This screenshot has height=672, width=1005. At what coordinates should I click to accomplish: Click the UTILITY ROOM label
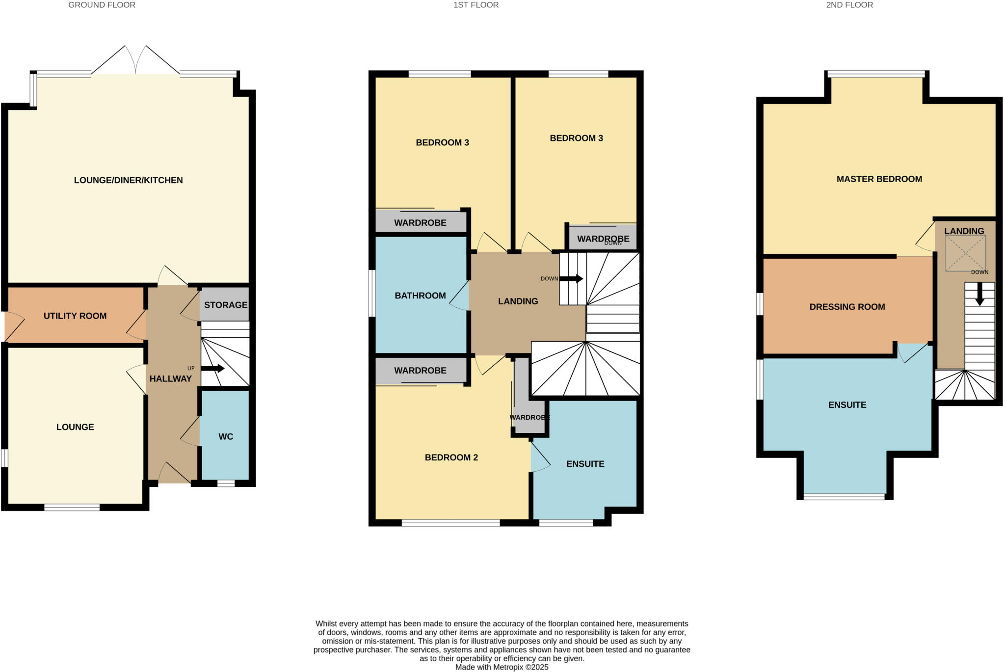click(75, 316)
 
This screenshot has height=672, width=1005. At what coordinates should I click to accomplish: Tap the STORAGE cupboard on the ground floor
click(225, 305)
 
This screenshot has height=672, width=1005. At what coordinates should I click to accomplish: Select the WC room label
click(226, 436)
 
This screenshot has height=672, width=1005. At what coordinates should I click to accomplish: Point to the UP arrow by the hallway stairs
click(212, 369)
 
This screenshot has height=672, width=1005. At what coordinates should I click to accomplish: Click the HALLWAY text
click(170, 378)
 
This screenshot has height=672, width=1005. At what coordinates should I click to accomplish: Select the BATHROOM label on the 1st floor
click(420, 296)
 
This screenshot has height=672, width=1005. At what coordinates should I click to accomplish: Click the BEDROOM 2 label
click(451, 457)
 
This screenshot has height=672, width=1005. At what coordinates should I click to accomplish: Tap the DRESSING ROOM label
click(847, 307)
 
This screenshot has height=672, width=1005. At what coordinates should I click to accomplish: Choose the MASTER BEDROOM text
click(879, 179)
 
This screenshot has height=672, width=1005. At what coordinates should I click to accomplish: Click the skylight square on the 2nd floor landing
click(965, 253)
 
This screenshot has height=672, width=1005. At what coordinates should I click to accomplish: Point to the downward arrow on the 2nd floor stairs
click(979, 295)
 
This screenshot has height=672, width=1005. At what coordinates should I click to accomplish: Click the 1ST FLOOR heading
click(476, 5)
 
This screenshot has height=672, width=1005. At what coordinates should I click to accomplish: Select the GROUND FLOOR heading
click(102, 5)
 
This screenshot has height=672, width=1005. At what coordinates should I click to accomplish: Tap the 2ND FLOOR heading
click(849, 5)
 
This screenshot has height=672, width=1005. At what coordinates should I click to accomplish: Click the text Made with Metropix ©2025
click(502, 667)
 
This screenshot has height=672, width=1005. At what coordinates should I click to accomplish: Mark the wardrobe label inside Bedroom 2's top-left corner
click(420, 371)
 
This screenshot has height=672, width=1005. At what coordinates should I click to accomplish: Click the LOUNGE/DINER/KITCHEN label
click(128, 180)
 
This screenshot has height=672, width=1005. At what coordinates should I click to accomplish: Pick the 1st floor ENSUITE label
click(585, 464)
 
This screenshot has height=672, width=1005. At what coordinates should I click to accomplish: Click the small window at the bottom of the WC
click(226, 484)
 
